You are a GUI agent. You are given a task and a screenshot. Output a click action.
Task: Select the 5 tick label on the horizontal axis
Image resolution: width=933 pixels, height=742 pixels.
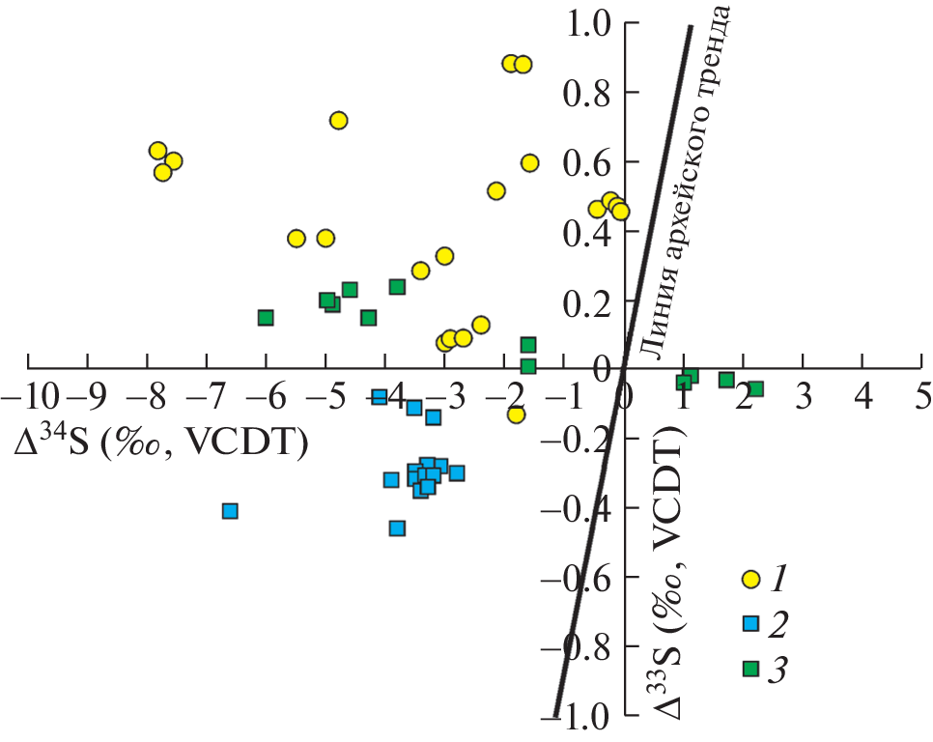point(923,396)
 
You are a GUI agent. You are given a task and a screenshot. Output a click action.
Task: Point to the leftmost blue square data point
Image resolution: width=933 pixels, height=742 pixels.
point(230,510)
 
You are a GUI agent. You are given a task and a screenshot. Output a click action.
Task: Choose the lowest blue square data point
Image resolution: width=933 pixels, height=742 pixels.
point(397,528)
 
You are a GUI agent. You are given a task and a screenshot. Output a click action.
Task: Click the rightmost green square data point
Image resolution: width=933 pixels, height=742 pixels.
point(756,388)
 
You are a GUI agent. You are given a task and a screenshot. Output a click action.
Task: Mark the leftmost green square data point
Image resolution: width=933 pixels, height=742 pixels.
point(266,317)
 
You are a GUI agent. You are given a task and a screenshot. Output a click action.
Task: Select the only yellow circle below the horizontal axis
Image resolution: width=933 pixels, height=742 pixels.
point(516,414)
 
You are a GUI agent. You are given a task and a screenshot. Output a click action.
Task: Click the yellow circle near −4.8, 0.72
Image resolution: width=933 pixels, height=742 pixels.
point(338,120)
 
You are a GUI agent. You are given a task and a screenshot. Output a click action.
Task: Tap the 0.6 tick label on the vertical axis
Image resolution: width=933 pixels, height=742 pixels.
point(591,162)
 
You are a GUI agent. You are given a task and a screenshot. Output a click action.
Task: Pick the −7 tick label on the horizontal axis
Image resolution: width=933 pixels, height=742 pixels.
point(207,396)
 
